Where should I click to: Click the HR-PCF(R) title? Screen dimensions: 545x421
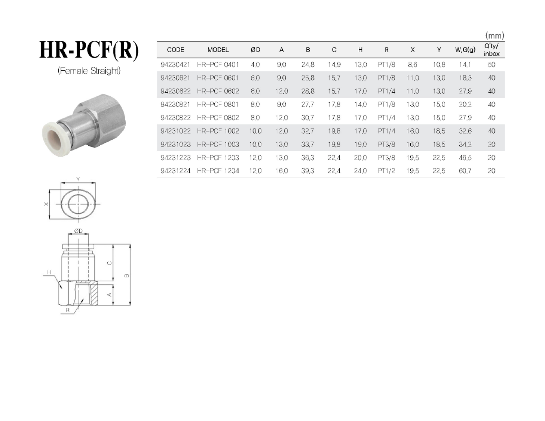click(89, 50)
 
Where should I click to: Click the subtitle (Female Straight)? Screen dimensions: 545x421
click(89, 71)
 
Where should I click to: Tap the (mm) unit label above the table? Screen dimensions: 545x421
click(495, 35)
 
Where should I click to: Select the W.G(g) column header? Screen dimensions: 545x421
click(465, 50)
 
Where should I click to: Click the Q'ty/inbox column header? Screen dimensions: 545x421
click(492, 50)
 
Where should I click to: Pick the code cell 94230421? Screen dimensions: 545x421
click(175, 65)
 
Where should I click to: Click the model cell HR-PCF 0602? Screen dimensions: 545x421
click(218, 91)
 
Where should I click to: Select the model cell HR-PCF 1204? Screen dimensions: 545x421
click(218, 171)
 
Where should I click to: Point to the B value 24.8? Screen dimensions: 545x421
click(308, 65)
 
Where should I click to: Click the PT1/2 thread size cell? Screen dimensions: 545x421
click(386, 171)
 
